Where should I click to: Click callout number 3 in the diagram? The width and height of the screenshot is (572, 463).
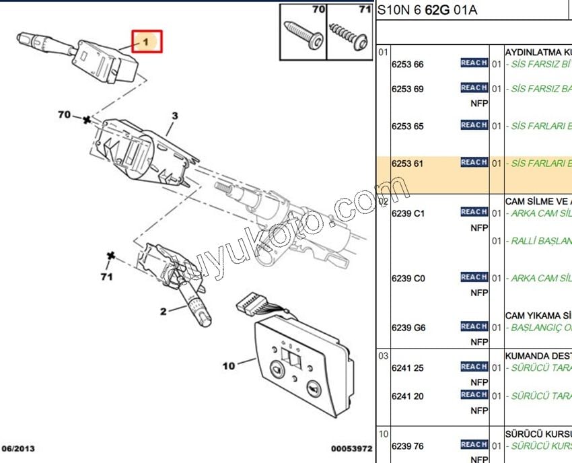[x=175, y=116]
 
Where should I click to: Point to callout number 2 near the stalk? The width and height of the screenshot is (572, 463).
[x=163, y=311]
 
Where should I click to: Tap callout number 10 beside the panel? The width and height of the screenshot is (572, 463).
[x=229, y=366]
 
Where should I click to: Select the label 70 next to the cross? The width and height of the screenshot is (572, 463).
[x=65, y=115]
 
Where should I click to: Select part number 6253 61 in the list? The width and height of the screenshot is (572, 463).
[x=407, y=162]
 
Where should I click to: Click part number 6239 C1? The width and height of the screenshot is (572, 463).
[x=408, y=213]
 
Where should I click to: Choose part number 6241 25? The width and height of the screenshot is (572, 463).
[x=407, y=367]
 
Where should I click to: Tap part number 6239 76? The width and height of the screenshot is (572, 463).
[x=407, y=446]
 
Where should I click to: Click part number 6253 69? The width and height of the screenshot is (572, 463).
[x=407, y=89]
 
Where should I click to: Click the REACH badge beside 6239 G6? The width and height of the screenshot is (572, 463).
[x=474, y=326]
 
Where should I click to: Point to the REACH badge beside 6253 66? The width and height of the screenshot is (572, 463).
[x=474, y=63]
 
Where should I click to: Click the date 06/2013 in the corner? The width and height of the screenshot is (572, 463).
[x=19, y=448]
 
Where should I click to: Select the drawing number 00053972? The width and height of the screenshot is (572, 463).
[x=351, y=448]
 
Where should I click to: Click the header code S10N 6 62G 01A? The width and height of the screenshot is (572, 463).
[x=418, y=10]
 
